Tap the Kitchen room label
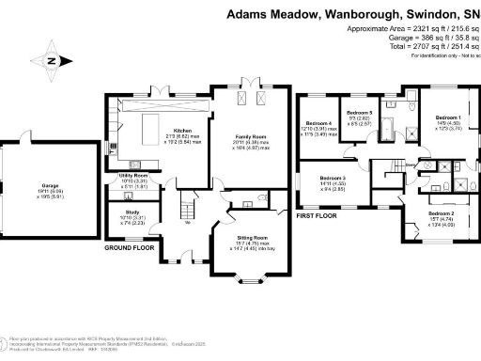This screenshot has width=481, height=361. coord(182,131)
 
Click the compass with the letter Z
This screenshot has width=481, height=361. coord(53,62)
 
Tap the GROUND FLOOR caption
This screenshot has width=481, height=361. coord(130,248)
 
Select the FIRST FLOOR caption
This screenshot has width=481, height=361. coord(317,215)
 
